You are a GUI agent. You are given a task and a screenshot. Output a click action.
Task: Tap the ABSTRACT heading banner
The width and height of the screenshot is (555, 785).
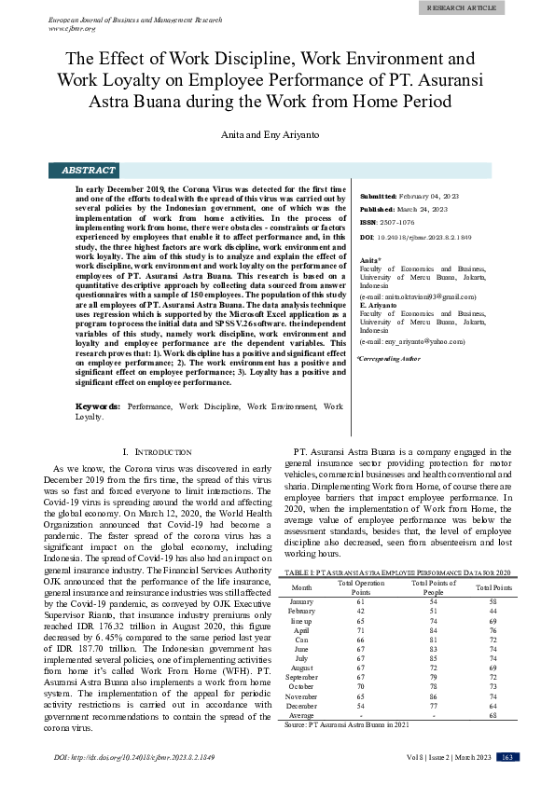[x=89, y=171]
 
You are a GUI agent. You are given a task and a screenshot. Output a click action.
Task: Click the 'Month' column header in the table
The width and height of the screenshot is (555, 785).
[x=302, y=587]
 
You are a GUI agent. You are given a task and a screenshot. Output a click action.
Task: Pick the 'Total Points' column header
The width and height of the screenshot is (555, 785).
[x=493, y=587]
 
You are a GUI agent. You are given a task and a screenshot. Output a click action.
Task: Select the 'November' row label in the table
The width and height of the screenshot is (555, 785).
[x=302, y=696]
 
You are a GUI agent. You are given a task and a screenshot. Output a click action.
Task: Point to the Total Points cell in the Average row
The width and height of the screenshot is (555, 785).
[x=493, y=714]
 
